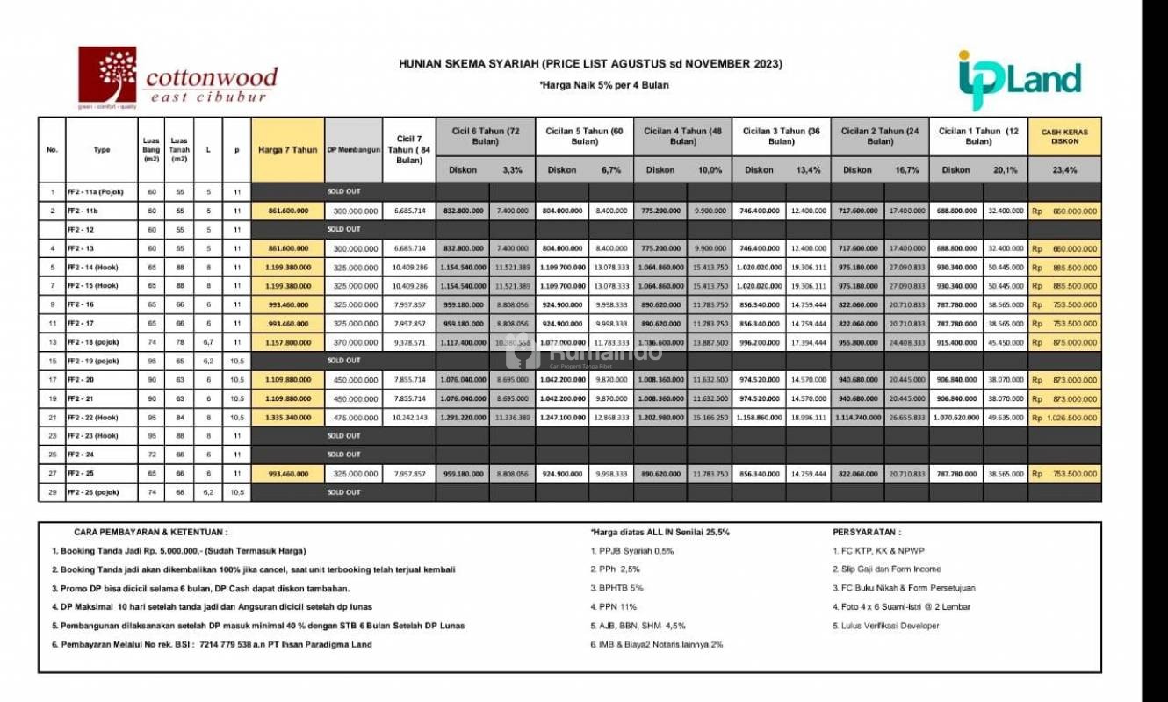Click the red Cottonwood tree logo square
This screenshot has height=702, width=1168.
tap(107, 75)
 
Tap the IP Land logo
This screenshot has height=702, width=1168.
tap(1019, 80)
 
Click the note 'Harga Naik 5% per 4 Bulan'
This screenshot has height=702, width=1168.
tap(590, 85)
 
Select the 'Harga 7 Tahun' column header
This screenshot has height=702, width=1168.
tap(287, 149)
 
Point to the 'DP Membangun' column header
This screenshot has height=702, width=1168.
tap(353, 149)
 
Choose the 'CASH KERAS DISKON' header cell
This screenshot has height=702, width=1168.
tap(1064, 137)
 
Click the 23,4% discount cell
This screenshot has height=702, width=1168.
tap(1064, 170)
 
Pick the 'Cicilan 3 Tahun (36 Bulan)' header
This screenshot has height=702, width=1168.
tap(781, 136)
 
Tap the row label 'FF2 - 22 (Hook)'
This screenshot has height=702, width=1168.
tap(94, 418)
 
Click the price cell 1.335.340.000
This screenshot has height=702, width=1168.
tap(287, 418)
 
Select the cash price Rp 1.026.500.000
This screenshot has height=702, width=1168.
tap(1064, 418)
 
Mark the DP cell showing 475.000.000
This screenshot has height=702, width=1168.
tap(353, 418)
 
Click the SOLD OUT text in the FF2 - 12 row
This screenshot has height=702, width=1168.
tap(343, 229)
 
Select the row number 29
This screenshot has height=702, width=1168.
tap(52, 493)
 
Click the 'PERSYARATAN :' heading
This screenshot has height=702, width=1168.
tap(866, 532)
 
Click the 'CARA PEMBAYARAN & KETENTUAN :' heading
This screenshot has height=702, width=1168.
tap(150, 532)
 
